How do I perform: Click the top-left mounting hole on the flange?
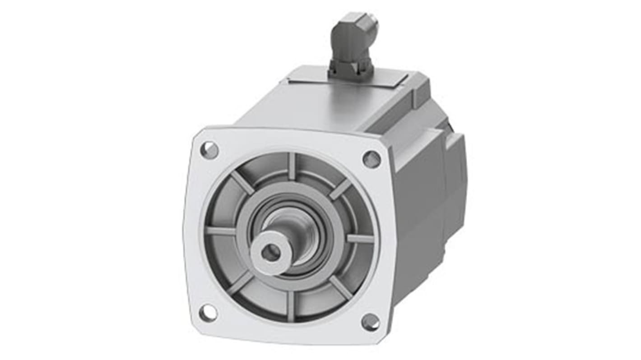tap(209, 150)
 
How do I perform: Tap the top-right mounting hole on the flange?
tap(372, 159)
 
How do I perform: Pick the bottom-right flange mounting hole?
tap(371, 322)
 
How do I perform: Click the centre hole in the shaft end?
tap(270, 253)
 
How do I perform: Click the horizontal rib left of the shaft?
tap(221, 231)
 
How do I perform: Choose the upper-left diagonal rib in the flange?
tap(242, 182)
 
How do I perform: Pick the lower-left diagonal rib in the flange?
tap(240, 282)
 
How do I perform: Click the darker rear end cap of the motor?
tap(456, 180)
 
